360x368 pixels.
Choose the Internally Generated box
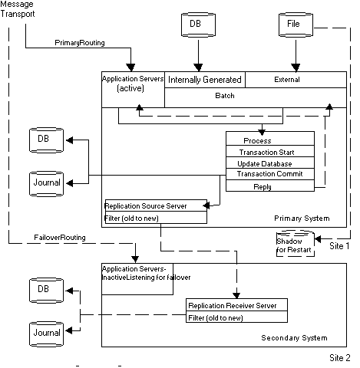tap(205, 80)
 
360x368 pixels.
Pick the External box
tap(287, 79)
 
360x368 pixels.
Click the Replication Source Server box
tap(155, 205)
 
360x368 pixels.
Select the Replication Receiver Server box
tap(238, 305)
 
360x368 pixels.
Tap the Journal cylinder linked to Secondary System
tap(45, 333)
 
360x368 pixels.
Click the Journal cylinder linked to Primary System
tap(45, 182)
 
